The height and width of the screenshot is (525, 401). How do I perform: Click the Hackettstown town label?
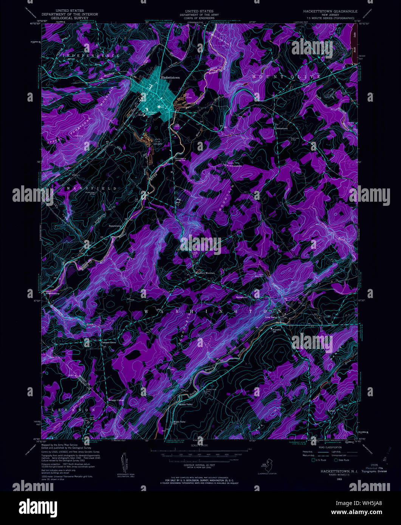tap(170, 77)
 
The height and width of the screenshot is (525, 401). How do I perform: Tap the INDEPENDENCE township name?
tap(91, 56)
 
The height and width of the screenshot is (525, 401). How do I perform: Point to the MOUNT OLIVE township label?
tap(286, 77)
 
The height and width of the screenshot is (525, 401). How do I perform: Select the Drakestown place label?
tap(281, 128)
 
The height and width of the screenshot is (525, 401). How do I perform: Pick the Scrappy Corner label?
tap(116, 400)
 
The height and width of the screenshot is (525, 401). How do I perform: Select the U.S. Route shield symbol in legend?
tap(313, 460)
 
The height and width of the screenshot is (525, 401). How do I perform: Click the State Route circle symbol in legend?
tap(336, 460)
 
